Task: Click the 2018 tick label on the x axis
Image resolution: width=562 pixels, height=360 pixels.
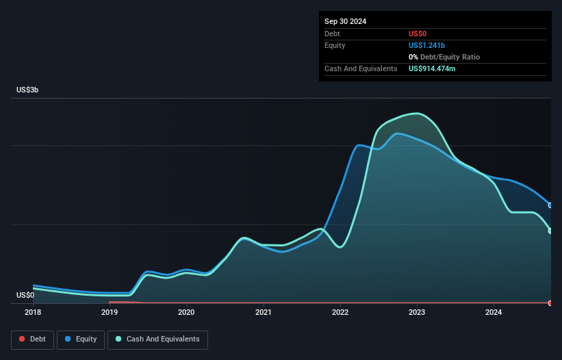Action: click(x=32, y=312)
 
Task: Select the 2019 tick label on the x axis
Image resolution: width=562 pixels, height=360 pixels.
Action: click(x=109, y=312)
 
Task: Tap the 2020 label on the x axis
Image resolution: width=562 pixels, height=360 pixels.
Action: click(x=186, y=312)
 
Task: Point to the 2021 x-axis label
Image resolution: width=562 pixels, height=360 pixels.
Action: click(x=263, y=312)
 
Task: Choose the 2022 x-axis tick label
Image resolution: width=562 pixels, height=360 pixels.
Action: click(x=340, y=312)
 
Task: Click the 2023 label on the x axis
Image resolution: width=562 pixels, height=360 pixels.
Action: click(x=417, y=312)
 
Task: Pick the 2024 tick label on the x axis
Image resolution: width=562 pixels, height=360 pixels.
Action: click(x=494, y=312)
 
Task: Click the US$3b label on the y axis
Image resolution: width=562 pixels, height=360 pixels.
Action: click(x=27, y=90)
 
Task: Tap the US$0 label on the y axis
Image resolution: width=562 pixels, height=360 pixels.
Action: click(x=25, y=296)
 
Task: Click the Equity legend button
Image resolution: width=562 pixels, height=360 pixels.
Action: click(x=81, y=339)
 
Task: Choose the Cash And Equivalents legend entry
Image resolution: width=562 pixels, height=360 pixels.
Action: click(x=157, y=339)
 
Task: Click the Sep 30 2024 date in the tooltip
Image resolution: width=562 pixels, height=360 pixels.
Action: click(x=346, y=21)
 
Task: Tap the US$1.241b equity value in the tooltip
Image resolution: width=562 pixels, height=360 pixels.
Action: click(x=427, y=45)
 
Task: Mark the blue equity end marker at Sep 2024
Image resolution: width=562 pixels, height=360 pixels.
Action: click(x=550, y=205)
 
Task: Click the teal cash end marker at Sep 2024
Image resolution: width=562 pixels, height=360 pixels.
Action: click(x=550, y=231)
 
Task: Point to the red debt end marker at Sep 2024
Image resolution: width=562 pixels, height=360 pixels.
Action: click(x=550, y=303)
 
